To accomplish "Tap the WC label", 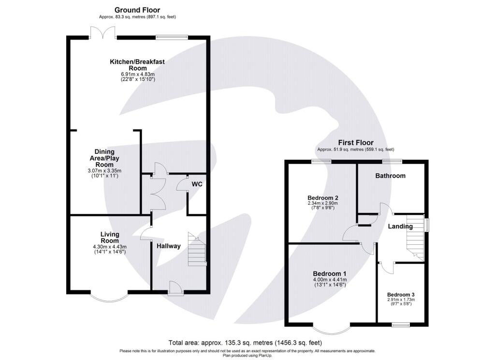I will click(197, 184).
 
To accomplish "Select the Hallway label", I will click(168, 246).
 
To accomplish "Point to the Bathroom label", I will click(391, 176).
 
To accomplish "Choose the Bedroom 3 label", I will click(401, 294).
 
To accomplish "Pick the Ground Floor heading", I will click(137, 10).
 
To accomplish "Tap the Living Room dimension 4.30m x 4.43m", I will click(110, 247).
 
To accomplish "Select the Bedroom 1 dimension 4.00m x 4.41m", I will click(330, 279).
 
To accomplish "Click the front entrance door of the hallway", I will click(175, 289).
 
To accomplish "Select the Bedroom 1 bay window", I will click(332, 328).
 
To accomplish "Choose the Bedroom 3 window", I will click(401, 325).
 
